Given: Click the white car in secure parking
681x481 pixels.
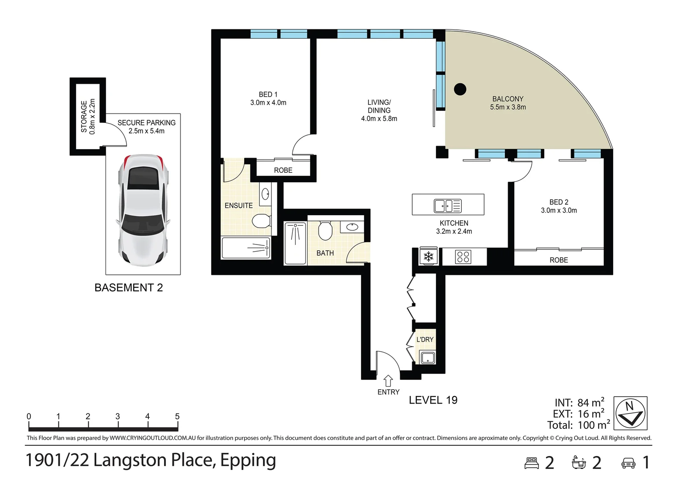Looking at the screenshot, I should [x=143, y=210].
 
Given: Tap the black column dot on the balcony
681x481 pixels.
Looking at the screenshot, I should [x=460, y=89].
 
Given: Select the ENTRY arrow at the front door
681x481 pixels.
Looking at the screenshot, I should [x=388, y=381].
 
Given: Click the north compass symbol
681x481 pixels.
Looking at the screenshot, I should [x=630, y=413].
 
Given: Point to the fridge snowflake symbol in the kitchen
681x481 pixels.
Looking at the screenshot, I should [x=428, y=257].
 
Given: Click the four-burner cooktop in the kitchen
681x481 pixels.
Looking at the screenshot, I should [x=463, y=257].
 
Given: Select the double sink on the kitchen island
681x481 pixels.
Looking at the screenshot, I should [x=447, y=206].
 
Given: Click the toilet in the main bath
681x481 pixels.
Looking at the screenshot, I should [x=325, y=230].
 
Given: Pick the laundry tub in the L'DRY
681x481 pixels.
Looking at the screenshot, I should [x=428, y=357].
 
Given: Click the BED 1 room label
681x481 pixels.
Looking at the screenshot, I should [x=268, y=94].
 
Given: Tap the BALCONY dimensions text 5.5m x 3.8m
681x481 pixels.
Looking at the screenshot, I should [x=508, y=107].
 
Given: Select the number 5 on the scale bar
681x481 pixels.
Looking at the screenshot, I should [x=177, y=416].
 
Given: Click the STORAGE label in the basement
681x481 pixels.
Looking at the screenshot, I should [x=84, y=116].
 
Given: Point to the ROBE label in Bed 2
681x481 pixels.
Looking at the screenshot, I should [x=558, y=260].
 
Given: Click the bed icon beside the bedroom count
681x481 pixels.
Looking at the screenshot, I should [x=532, y=463].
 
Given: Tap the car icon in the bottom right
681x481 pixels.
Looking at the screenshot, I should [x=628, y=463].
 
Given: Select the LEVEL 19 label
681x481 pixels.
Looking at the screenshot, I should [x=433, y=400].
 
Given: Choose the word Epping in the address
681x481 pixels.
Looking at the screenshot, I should [x=248, y=461].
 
